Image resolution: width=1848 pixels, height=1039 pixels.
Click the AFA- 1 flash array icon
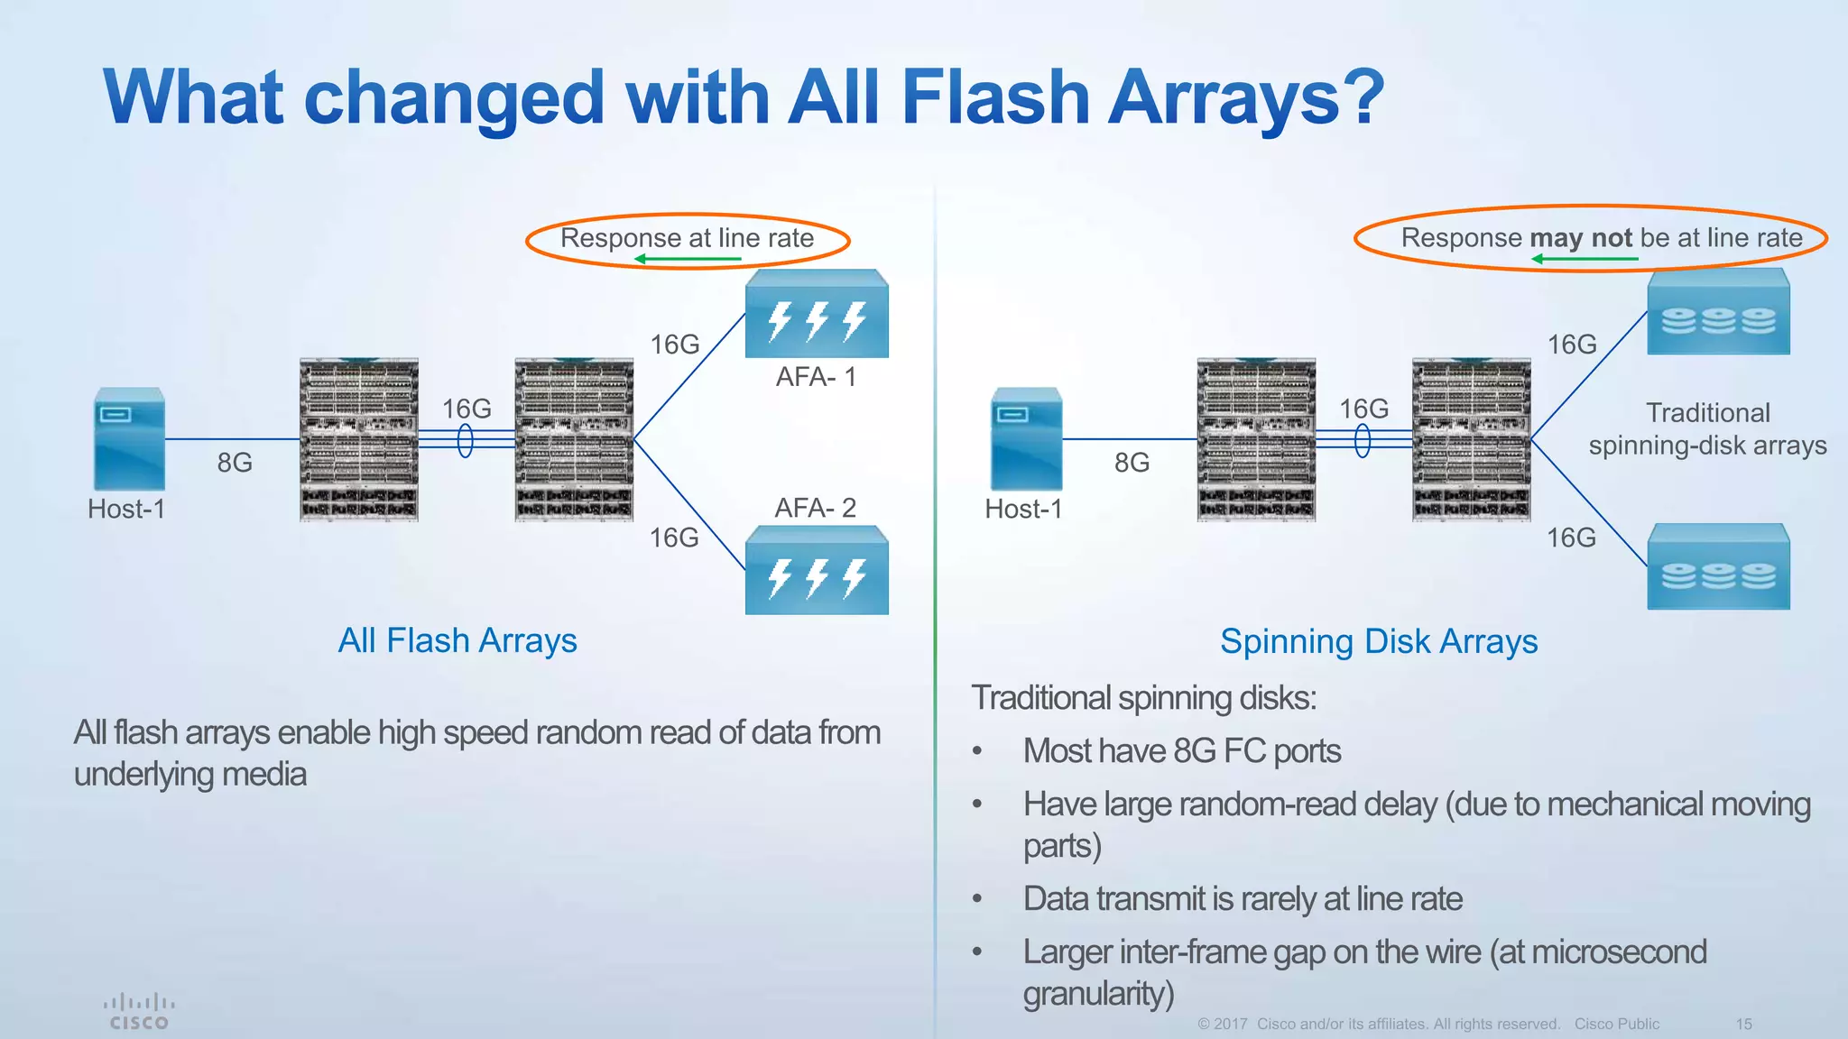(x=817, y=314)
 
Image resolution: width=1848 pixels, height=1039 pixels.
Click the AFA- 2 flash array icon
(x=817, y=572)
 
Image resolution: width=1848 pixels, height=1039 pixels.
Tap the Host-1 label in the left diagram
(x=126, y=510)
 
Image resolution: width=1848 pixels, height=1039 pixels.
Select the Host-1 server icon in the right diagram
(x=1026, y=439)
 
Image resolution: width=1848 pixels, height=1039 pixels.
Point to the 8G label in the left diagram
(x=235, y=463)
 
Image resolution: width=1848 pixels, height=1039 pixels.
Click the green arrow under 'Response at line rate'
(x=688, y=260)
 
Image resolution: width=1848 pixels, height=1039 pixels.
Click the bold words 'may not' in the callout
(x=1581, y=238)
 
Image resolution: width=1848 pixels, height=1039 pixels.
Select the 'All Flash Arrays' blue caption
(x=457, y=641)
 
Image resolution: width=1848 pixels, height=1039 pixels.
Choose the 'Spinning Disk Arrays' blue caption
(x=1379, y=642)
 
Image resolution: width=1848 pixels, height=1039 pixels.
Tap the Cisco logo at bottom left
(x=138, y=1012)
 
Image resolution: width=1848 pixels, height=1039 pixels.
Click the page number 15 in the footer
(x=1743, y=1025)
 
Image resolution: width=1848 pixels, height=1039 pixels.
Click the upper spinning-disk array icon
(x=1718, y=312)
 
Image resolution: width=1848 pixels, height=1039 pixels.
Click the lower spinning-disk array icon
(x=1718, y=568)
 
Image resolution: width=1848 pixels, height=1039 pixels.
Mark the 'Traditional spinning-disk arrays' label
(x=1707, y=429)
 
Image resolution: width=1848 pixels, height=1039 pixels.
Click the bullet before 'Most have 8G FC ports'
(x=977, y=751)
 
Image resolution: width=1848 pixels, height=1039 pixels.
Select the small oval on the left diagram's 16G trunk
(x=466, y=441)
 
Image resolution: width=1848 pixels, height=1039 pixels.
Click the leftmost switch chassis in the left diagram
(x=359, y=439)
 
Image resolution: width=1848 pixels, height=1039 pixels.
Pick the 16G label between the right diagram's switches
(x=1363, y=409)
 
